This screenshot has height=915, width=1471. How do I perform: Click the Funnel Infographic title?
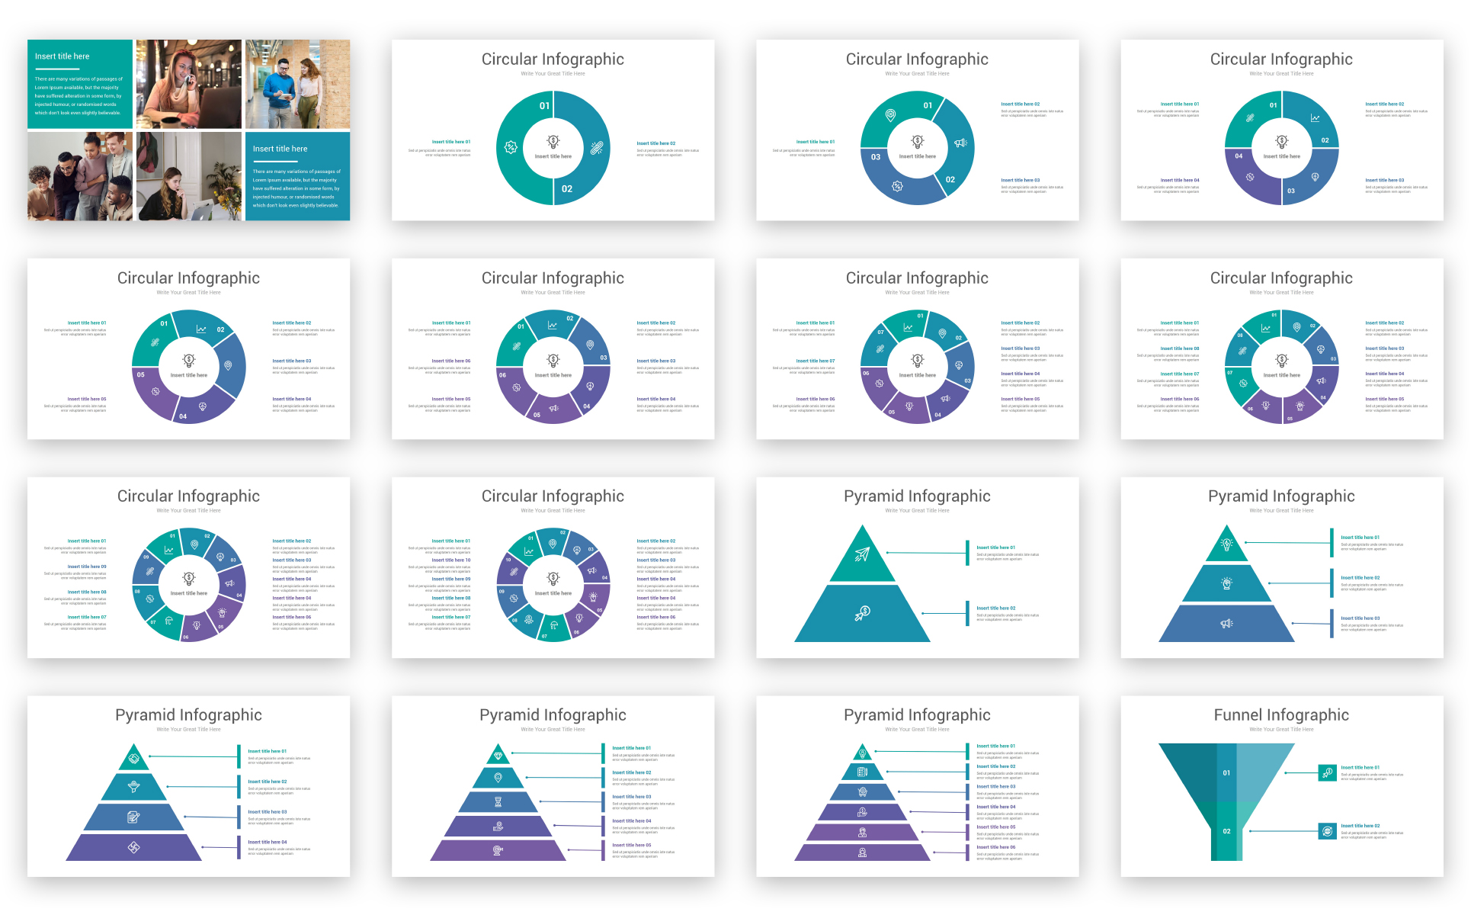click(x=1280, y=715)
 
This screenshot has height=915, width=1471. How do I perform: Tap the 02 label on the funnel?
click(x=1226, y=831)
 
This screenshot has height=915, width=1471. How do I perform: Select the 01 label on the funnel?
click(x=1226, y=773)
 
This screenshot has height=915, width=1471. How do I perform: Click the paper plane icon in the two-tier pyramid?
click(x=862, y=554)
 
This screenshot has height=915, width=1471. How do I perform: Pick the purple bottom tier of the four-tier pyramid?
click(x=133, y=848)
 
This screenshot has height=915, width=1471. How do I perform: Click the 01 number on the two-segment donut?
click(x=544, y=106)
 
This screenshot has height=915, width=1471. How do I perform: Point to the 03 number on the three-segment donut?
click(x=876, y=157)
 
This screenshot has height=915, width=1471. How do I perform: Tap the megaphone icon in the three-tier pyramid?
click(x=1226, y=624)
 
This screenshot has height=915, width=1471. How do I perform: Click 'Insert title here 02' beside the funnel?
click(x=1360, y=826)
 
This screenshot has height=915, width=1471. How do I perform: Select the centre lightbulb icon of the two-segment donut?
click(x=553, y=142)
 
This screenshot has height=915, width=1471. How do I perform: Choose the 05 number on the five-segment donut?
click(x=140, y=374)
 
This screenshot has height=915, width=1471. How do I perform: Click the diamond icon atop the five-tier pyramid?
click(x=498, y=756)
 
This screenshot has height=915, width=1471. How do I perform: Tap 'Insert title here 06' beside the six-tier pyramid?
click(x=995, y=847)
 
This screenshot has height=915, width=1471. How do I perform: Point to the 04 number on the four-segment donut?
click(x=1239, y=156)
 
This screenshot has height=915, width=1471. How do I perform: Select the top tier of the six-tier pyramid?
click(x=862, y=753)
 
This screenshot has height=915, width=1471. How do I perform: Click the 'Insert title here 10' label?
click(x=451, y=560)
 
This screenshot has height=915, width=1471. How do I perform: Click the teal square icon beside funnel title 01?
click(x=1327, y=773)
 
